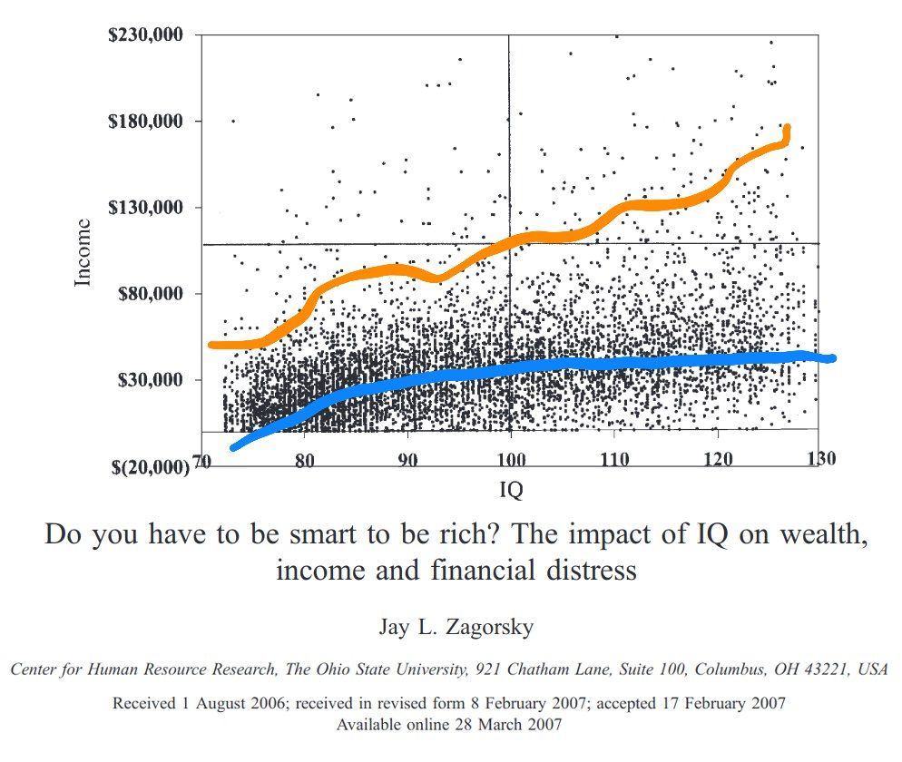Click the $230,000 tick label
coord(145,35)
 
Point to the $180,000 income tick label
coord(145,122)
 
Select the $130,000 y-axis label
coord(145,208)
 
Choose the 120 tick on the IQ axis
coord(718,460)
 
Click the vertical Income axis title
coord(83,252)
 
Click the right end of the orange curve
coord(787,129)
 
